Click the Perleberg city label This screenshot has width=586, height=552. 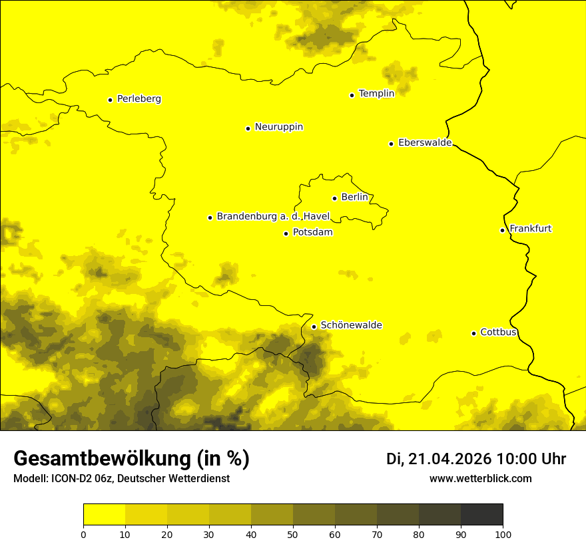(x=139, y=99)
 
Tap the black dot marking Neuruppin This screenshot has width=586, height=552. (x=248, y=128)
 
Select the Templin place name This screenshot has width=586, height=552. (x=376, y=94)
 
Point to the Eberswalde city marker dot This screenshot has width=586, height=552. (x=391, y=144)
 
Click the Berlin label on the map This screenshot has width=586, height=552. (x=354, y=198)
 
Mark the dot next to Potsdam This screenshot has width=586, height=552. (x=286, y=233)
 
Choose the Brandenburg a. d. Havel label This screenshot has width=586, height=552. (x=273, y=217)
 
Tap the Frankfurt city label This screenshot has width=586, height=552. (x=530, y=229)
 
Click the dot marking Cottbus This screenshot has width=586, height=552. (x=473, y=333)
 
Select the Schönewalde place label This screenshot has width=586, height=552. (x=351, y=325)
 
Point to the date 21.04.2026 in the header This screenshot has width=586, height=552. (x=449, y=459)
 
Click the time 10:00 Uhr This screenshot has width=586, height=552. (x=531, y=459)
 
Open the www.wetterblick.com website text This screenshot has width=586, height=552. (x=480, y=479)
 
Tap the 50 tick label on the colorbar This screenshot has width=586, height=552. (x=293, y=534)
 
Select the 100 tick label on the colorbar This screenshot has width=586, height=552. (x=503, y=534)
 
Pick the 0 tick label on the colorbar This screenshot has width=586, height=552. (x=83, y=534)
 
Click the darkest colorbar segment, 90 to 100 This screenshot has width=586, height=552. (x=481, y=514)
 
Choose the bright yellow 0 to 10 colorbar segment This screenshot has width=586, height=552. (x=104, y=514)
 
